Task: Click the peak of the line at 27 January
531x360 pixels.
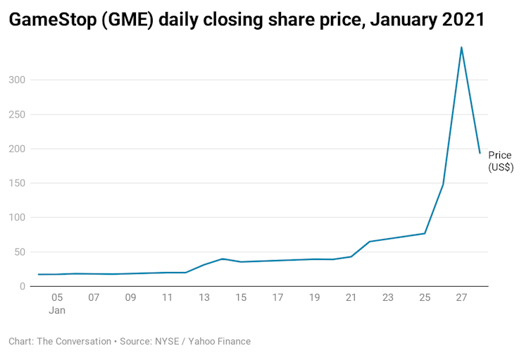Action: pyautogui.click(x=461, y=47)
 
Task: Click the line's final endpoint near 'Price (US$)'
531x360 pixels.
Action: pyautogui.click(x=480, y=153)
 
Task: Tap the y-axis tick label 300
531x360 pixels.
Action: pyautogui.click(x=17, y=80)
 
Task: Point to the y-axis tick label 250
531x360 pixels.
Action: pyautogui.click(x=17, y=115)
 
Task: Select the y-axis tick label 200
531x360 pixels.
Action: pyautogui.click(x=17, y=149)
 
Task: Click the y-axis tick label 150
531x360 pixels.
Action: pyautogui.click(x=17, y=183)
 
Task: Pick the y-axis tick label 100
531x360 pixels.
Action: pyautogui.click(x=17, y=218)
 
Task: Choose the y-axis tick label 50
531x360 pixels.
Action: pyautogui.click(x=20, y=252)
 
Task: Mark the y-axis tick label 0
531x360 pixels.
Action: pyautogui.click(x=23, y=287)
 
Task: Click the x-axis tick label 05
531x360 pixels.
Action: pyautogui.click(x=57, y=298)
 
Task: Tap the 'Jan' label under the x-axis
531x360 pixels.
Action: pyautogui.click(x=57, y=311)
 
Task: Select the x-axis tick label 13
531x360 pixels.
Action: pyautogui.click(x=204, y=298)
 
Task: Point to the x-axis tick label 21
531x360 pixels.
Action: pyautogui.click(x=351, y=298)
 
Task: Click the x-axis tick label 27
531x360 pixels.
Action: pyautogui.click(x=461, y=298)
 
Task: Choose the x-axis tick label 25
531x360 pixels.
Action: pyautogui.click(x=425, y=298)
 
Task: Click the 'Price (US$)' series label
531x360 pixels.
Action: pyautogui.click(x=501, y=161)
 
